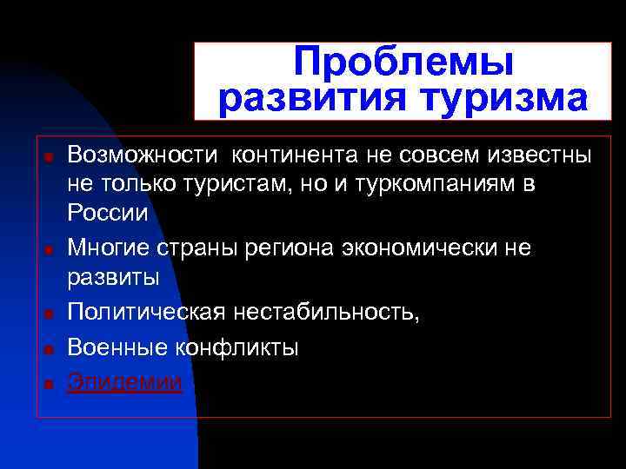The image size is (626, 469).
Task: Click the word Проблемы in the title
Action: tap(403, 63)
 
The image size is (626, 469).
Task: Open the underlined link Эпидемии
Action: tap(125, 381)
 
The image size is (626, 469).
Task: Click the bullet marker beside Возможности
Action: tap(50, 158)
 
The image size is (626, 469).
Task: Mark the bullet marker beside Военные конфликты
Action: tap(50, 350)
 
